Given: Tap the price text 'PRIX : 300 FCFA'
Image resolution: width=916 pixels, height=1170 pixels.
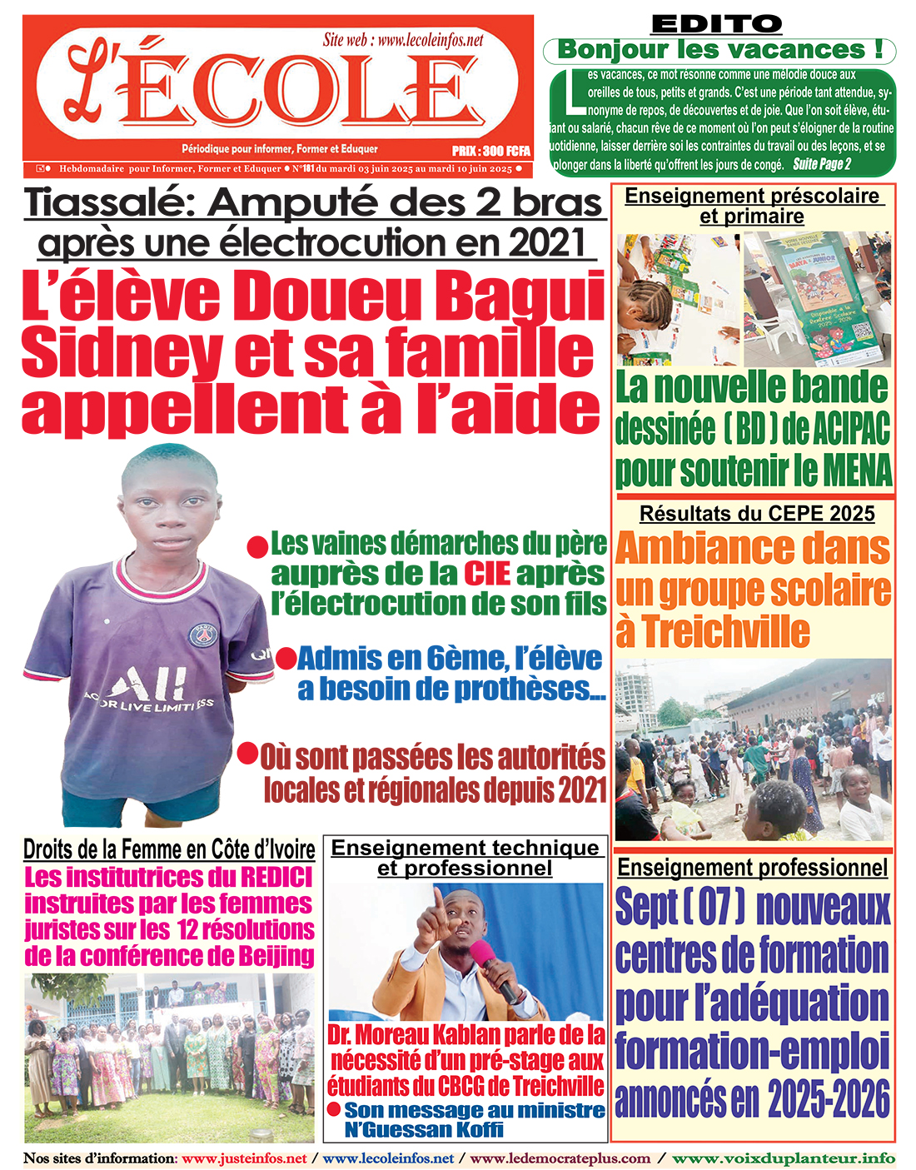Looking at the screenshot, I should [x=490, y=152].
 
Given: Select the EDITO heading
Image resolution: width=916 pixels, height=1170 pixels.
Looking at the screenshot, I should [x=716, y=24].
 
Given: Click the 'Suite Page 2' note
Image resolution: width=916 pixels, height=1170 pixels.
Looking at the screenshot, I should [x=821, y=164].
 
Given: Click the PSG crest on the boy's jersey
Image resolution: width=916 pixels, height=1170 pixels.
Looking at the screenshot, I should [x=201, y=636].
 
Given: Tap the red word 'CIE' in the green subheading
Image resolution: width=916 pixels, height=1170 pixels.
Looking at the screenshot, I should [x=486, y=574].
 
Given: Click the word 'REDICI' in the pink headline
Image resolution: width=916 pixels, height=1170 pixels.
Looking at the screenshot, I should [x=276, y=878].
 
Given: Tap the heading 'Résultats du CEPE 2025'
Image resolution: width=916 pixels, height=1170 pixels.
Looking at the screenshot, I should [x=756, y=513].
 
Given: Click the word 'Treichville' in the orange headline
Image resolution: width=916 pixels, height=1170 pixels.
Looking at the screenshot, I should [x=725, y=630].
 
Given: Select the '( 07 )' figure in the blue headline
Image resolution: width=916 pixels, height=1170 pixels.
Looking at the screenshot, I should [x=714, y=908].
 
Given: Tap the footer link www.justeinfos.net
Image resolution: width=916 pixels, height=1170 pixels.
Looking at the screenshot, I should [x=244, y=1158].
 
